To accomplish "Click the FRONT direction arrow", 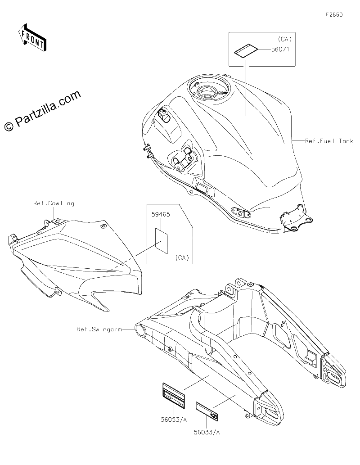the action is pyautogui.click(x=32, y=38).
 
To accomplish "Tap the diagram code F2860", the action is pyautogui.click(x=334, y=14).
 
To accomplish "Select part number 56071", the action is pyautogui.click(x=280, y=49).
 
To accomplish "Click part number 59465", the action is pyautogui.click(x=161, y=214).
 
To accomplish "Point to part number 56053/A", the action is pyautogui.click(x=174, y=420).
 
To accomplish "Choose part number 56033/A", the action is pyautogui.click(x=207, y=432).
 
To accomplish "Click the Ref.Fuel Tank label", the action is pyautogui.click(x=329, y=141).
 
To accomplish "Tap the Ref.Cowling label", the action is pyautogui.click(x=54, y=203).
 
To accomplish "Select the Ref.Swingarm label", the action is pyautogui.click(x=99, y=329).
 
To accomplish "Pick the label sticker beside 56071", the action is pyautogui.click(x=246, y=50).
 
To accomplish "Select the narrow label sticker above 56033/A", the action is pyautogui.click(x=207, y=411).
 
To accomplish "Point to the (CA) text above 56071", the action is pyautogui.click(x=285, y=39).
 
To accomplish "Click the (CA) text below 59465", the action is pyautogui.click(x=182, y=257).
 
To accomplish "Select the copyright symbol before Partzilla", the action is pyautogui.click(x=9, y=126).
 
